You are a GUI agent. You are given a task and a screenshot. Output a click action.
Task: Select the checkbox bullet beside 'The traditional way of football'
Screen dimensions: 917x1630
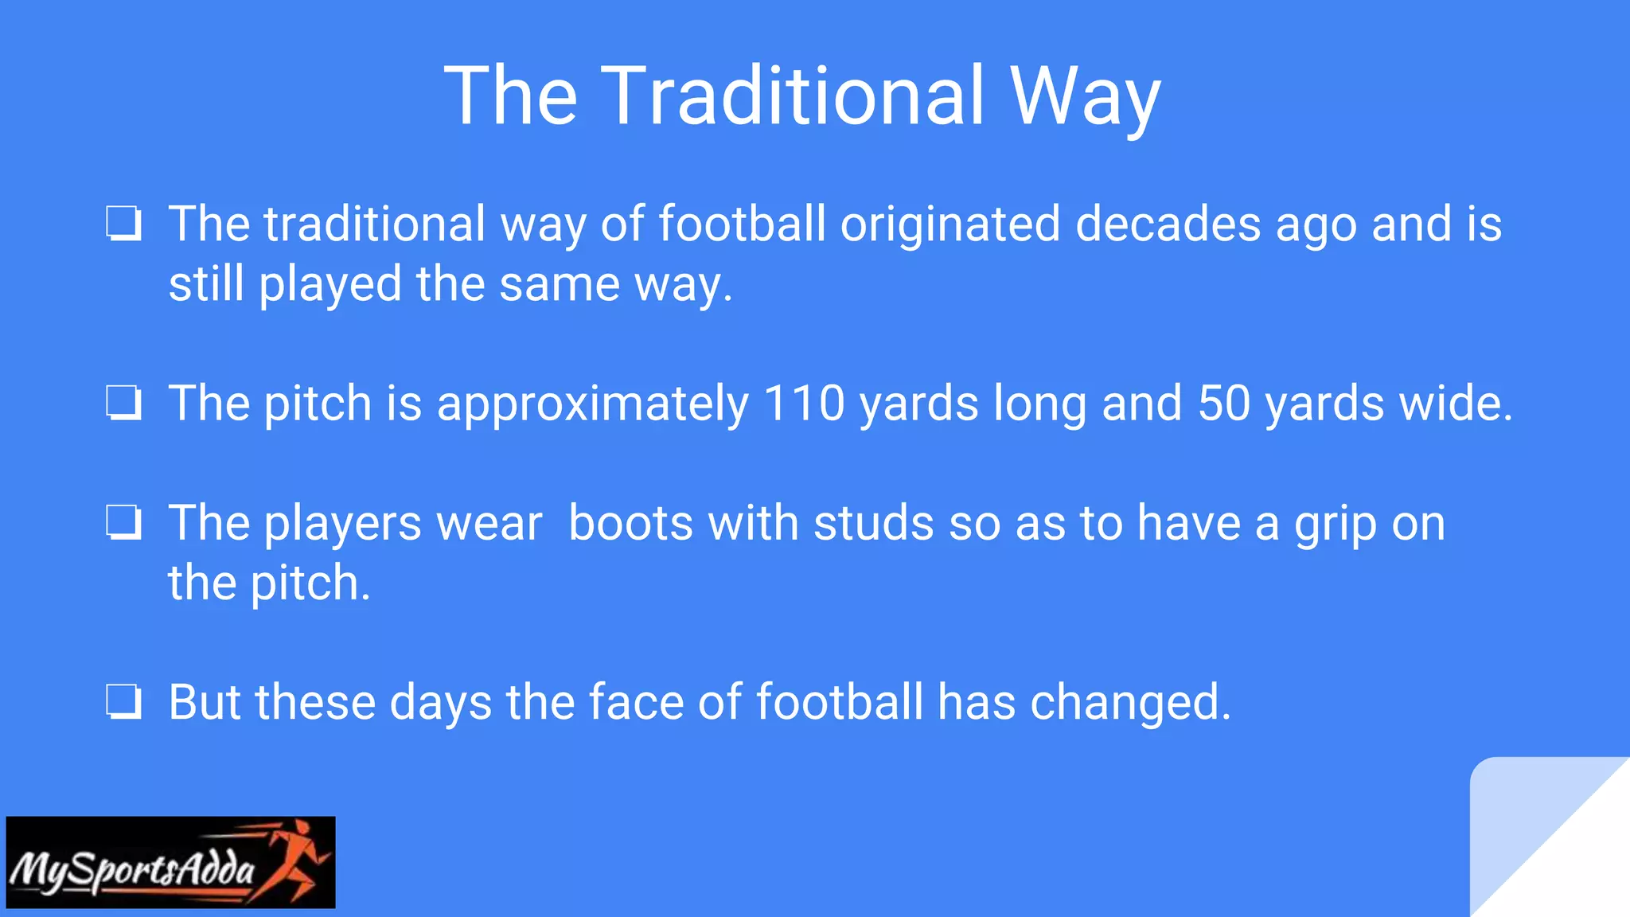124,224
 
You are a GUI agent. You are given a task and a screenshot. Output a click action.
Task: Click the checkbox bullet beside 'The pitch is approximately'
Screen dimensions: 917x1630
124,403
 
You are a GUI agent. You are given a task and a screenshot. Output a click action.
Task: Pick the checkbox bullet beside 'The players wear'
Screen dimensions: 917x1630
124,523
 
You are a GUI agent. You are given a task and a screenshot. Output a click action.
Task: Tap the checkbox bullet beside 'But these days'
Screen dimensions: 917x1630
124,702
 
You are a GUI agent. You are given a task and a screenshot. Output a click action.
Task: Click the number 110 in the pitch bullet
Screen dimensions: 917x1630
804,403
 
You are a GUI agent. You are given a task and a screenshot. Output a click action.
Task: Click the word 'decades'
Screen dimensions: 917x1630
1168,224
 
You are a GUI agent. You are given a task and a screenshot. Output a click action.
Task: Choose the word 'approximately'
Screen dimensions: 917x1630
593,404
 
